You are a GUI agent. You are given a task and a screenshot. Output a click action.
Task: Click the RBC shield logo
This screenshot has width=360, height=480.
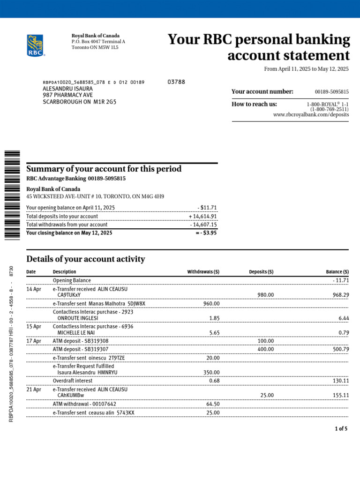tap(35, 45)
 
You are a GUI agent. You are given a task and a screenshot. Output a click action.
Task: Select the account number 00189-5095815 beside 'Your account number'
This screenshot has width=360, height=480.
tap(331, 92)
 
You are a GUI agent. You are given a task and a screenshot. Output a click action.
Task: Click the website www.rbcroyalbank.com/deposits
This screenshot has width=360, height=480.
tap(311, 114)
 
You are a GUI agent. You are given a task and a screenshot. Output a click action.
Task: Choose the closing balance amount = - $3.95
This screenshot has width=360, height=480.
tap(206, 232)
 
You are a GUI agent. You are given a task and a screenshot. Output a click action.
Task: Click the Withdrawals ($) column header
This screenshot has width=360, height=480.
tap(203, 272)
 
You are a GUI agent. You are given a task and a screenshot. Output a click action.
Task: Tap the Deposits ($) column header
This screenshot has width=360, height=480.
tap(261, 272)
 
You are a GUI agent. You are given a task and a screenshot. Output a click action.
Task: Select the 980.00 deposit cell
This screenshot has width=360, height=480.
tap(266, 295)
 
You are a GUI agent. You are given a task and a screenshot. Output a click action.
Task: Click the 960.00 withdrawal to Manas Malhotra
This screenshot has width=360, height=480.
tap(211, 304)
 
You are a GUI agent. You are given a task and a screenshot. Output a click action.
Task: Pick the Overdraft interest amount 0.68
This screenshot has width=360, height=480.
tap(214, 381)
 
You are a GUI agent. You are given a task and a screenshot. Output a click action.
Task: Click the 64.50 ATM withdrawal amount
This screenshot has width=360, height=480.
tap(212, 404)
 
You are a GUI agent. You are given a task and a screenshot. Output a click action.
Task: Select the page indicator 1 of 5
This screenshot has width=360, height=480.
tap(341, 429)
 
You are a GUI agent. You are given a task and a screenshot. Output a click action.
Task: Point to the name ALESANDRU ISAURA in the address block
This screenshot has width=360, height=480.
tap(67, 89)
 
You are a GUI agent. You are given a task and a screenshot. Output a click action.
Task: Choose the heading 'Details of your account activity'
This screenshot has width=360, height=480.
tap(86, 259)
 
